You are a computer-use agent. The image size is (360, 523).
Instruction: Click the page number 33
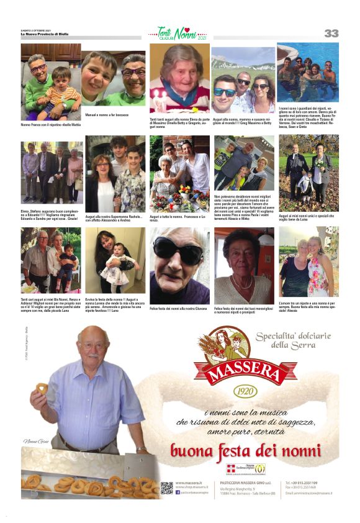click(331, 33)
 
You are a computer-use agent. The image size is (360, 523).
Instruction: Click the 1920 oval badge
click(245, 393)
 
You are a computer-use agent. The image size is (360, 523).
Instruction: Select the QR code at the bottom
click(166, 488)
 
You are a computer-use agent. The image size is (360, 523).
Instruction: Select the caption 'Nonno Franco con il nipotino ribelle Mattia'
click(50, 124)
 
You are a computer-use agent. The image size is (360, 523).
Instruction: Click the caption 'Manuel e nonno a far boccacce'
click(106, 116)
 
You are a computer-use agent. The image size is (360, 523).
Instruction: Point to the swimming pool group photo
click(308, 72)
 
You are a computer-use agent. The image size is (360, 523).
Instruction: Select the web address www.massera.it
click(187, 483)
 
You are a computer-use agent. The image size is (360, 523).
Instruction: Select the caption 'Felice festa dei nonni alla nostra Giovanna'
click(178, 309)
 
